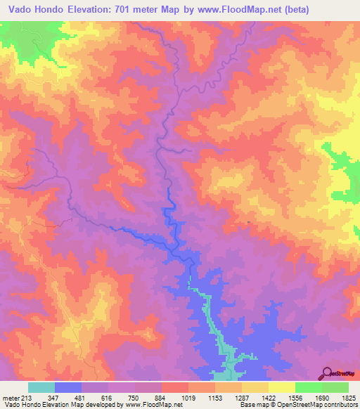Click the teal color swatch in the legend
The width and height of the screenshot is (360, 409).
click(41, 387)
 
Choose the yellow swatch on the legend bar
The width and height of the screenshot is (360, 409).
click(281, 387)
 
